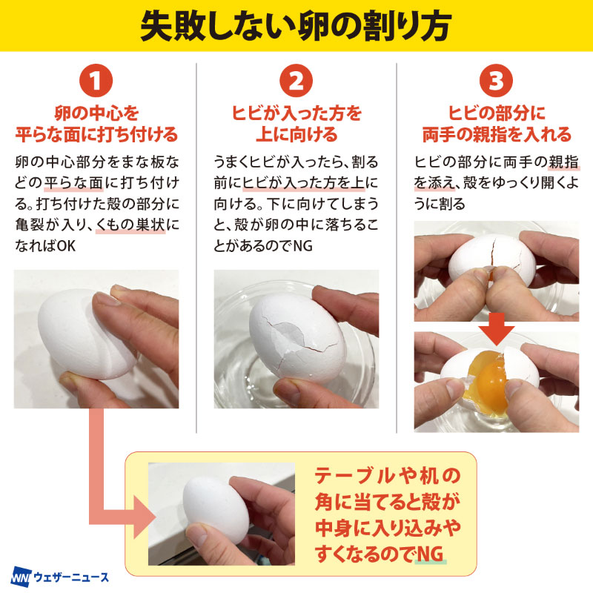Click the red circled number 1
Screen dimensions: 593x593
pos(96,81)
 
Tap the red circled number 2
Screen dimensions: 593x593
pos(296,81)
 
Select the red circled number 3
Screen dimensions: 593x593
pos(496,81)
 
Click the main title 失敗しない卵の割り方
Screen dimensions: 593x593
pos(296,26)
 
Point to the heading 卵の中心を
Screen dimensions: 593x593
pos(96,113)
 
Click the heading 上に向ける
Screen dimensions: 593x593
pos(296,134)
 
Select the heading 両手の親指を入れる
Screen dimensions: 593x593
pos(497,134)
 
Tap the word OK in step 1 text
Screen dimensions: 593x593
pos(67,246)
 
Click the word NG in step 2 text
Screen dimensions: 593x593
pos(303,246)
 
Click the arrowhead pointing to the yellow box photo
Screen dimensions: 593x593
pos(144,517)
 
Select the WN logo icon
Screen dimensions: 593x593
pos(21,577)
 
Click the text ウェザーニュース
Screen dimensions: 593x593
pos(71,577)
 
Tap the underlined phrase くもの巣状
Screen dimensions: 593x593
pos(130,225)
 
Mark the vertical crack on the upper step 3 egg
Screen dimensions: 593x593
pos(492,251)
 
